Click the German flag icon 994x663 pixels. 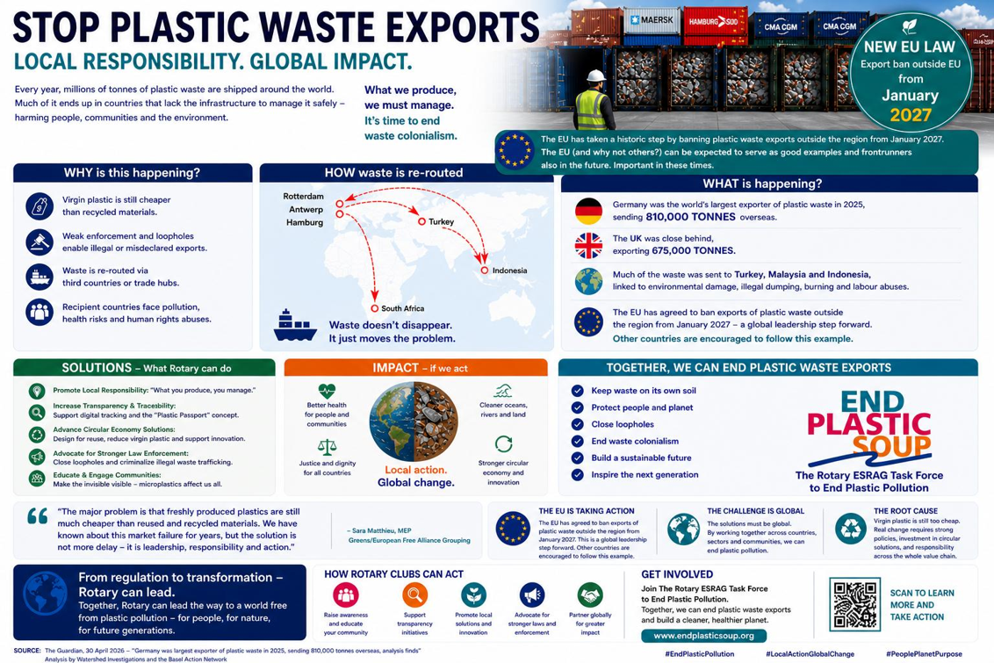(588, 211)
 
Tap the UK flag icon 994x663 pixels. (588, 245)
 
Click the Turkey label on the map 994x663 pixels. (441, 222)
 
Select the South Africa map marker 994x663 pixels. (375, 309)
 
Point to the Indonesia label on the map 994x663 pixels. (509, 270)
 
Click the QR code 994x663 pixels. (855, 604)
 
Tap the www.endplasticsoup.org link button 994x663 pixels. (703, 635)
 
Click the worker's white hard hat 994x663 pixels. (596, 76)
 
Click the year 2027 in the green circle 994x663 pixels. (911, 115)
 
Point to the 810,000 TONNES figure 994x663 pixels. (691, 217)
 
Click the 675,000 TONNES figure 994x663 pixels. (694, 250)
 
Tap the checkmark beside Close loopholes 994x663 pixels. (578, 424)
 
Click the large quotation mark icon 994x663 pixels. (38, 516)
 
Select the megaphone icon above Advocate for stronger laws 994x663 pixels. (532, 595)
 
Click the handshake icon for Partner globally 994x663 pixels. (590, 595)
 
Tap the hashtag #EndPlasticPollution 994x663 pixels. (699, 653)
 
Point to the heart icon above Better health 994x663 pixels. (327, 391)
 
